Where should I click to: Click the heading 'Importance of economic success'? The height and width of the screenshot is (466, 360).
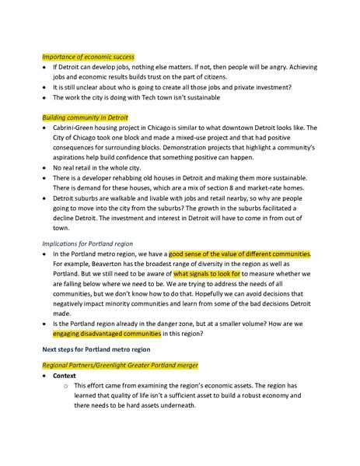tap(88, 57)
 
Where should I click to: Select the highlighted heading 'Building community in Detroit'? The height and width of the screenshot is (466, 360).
tap(86, 117)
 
